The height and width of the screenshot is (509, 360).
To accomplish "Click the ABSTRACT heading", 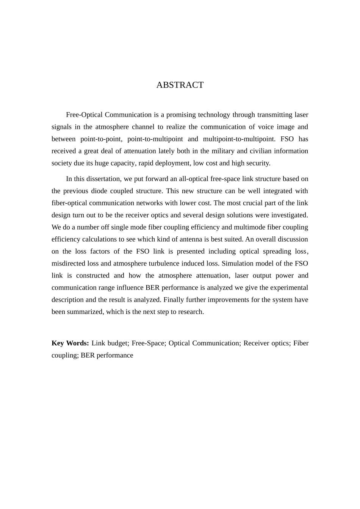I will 180,85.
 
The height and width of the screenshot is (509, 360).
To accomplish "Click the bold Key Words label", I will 70,343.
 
